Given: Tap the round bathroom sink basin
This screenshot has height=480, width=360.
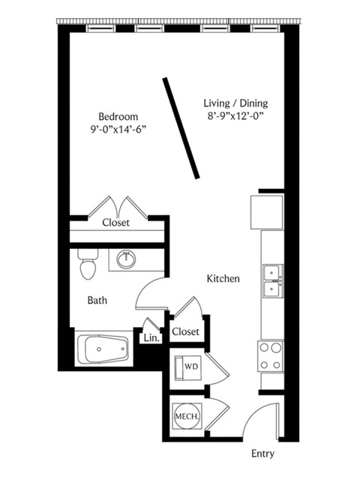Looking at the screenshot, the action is [126, 259].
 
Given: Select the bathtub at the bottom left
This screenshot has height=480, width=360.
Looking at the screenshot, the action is [103, 349].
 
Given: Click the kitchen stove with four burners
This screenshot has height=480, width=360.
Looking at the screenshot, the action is [270, 356].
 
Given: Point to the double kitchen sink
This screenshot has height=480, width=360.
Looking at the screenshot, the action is [273, 281].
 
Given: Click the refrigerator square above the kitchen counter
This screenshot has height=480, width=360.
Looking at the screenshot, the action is [267, 212].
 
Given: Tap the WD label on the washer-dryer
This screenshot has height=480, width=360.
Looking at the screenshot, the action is [190, 367].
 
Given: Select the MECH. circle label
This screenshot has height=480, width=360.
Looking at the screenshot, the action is [187, 416].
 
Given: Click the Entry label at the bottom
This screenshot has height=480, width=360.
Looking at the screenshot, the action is [262, 453].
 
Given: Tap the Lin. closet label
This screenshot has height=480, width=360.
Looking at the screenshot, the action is [151, 338].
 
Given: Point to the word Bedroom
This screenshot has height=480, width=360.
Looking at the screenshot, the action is [118, 117].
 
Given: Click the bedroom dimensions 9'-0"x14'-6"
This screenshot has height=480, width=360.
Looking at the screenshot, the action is [118, 130].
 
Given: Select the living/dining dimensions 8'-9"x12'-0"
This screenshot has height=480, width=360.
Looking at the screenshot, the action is [235, 117].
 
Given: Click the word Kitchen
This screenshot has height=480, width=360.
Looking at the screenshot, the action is [223, 279].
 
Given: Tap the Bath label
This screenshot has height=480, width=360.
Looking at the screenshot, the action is [97, 300].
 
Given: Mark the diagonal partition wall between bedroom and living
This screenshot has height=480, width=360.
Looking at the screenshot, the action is [181, 128].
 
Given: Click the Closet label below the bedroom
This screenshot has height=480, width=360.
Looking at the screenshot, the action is [115, 223].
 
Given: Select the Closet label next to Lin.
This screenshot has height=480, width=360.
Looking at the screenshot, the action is [185, 331].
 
